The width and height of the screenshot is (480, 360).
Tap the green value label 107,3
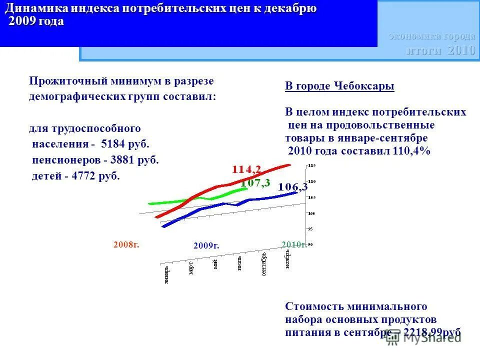pos(255,183)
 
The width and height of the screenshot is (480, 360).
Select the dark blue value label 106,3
pos(293,187)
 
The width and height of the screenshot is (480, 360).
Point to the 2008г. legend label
pos(126,244)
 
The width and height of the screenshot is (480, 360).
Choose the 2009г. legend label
pos(206,245)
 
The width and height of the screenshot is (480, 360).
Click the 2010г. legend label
pos(293,244)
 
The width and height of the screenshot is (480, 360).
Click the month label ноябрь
pos(287,259)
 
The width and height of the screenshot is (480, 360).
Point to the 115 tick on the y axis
pos(311,165)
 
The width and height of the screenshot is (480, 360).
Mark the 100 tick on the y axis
pos(311,213)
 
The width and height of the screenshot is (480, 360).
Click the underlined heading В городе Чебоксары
pos(339,86)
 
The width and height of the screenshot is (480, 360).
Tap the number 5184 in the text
pos(111,144)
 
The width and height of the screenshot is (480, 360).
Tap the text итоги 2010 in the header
pos(440,50)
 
